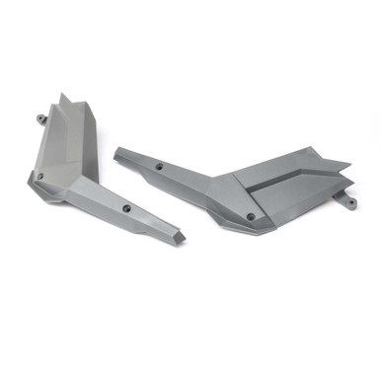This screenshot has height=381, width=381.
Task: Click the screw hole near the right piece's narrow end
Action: pos(159,168)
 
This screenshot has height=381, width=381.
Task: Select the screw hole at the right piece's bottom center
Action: pos(251,215)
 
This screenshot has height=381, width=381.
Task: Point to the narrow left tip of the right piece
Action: pos(117,153)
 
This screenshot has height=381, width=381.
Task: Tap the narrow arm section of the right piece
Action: pos(178,178)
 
